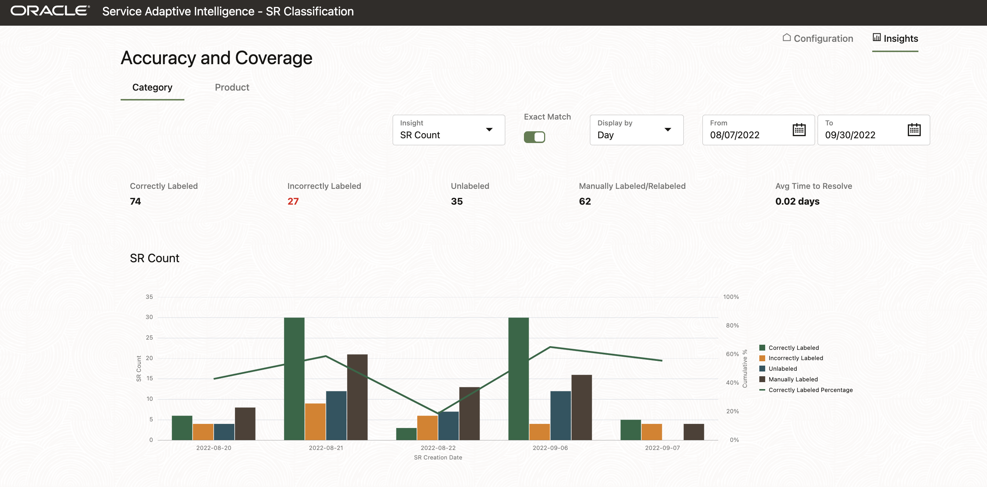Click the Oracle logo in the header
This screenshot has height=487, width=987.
[50, 11]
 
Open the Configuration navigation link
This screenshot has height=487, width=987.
[818, 38]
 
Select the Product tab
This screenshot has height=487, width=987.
[232, 87]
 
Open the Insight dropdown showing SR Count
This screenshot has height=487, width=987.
[448, 130]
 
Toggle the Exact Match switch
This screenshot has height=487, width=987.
[534, 137]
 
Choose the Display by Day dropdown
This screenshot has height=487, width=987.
[636, 130]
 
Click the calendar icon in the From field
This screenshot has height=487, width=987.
[799, 130]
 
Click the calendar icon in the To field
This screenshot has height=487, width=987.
[914, 130]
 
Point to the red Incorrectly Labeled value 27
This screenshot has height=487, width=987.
[293, 202]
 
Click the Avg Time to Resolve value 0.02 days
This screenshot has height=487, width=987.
[797, 202]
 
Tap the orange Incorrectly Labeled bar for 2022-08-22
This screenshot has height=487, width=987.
[427, 428]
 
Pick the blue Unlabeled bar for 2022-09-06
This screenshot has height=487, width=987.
[561, 415]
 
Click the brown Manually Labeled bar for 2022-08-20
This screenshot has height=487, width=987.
[245, 424]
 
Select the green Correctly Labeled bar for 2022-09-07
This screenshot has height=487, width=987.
[631, 429]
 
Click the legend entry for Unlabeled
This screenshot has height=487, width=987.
[782, 369]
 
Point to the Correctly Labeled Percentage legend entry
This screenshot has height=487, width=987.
[810, 390]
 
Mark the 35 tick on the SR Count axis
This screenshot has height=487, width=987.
[149, 297]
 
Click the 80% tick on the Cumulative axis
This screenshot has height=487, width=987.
[732, 326]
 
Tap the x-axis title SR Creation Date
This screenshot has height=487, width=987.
[438, 458]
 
